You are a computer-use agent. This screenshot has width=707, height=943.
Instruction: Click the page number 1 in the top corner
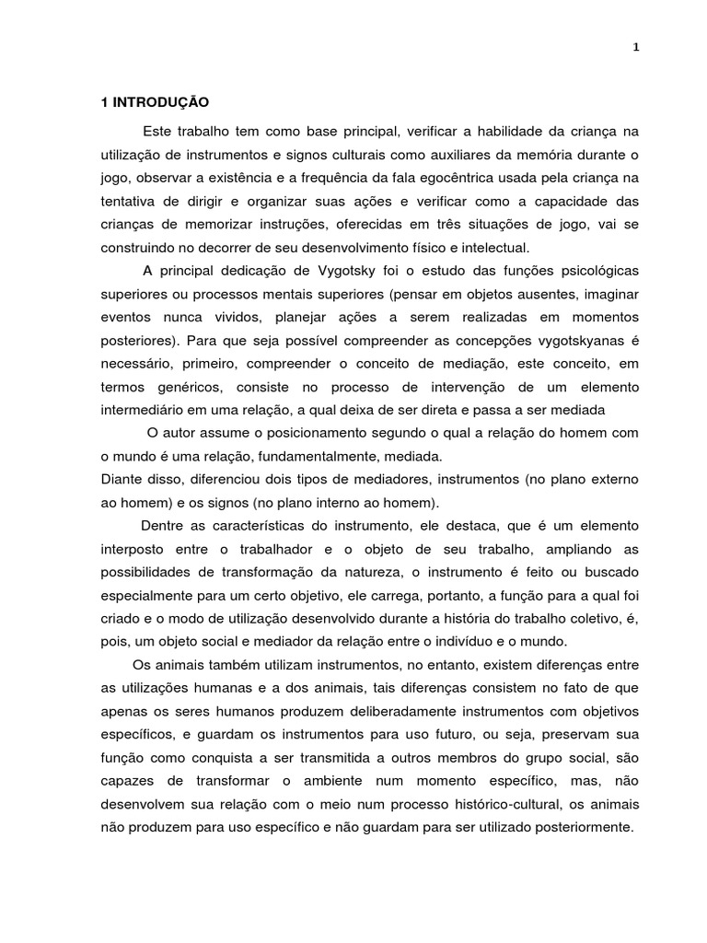(635, 49)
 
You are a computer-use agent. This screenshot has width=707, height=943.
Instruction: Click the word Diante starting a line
(122, 480)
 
